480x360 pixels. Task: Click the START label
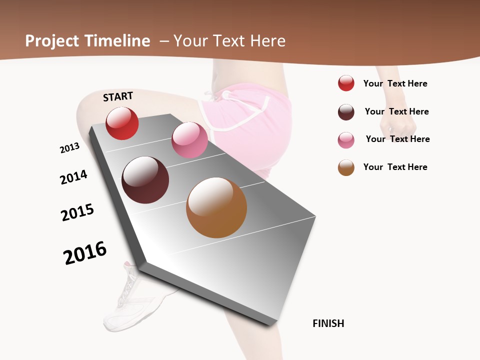(118, 96)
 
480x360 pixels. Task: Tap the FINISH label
(328, 323)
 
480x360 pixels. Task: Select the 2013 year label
(69, 148)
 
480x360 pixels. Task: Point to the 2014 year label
(73, 177)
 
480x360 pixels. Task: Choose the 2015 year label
(77, 212)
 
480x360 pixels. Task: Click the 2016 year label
(85, 252)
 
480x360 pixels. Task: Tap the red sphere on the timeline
(122, 123)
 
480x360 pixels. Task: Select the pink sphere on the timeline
(189, 140)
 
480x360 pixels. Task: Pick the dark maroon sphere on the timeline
(145, 180)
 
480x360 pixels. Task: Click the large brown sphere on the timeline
(216, 207)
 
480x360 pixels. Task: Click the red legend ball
(346, 83)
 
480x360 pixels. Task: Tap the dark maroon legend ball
(346, 112)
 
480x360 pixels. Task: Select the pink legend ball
(346, 140)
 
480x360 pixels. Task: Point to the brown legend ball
(346, 167)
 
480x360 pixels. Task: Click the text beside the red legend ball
(395, 83)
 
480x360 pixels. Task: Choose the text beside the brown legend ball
(395, 167)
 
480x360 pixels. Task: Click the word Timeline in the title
(117, 41)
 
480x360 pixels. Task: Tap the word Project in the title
(52, 41)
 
